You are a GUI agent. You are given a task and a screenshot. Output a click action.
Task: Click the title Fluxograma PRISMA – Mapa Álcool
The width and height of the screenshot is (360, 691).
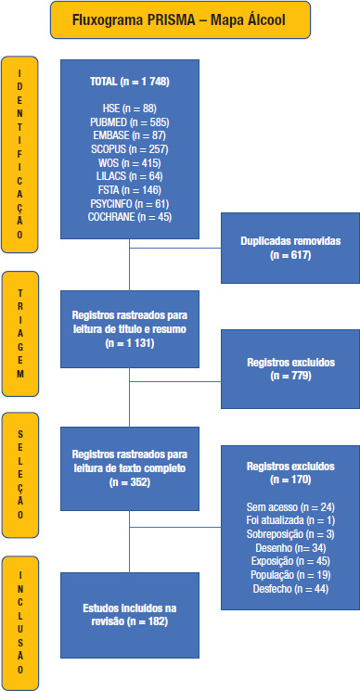[x=179, y=19]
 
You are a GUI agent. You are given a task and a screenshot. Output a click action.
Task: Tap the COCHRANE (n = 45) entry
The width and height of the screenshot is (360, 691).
[x=130, y=217]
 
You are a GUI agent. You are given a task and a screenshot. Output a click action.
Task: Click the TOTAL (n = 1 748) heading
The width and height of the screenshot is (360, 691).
[x=130, y=81]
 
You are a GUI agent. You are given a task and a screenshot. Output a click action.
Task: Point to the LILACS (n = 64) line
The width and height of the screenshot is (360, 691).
[x=130, y=176]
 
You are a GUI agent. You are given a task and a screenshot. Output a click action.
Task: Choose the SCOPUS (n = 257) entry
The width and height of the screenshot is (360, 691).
[x=130, y=149]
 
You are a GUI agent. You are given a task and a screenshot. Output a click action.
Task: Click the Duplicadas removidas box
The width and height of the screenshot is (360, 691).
[x=290, y=248]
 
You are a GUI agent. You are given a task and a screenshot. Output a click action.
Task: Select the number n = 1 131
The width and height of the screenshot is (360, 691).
[x=130, y=344]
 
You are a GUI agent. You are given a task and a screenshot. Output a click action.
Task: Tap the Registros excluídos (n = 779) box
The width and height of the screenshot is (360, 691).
[x=290, y=369]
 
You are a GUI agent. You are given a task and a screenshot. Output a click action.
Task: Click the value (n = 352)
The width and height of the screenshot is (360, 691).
[x=130, y=482]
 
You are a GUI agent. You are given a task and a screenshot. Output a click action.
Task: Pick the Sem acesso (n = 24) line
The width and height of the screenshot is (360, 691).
[x=290, y=506]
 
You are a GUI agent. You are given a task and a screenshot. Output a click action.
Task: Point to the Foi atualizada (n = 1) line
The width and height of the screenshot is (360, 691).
[x=290, y=520]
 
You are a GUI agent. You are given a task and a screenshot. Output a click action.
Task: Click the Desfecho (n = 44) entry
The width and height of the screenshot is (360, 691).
[x=290, y=589]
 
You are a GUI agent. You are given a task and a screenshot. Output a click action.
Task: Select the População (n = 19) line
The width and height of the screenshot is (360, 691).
[x=290, y=575]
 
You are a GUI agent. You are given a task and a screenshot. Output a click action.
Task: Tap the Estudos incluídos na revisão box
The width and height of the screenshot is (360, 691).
[x=130, y=615]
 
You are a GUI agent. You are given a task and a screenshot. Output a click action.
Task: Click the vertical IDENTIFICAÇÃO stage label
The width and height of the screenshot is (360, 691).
[x=19, y=155]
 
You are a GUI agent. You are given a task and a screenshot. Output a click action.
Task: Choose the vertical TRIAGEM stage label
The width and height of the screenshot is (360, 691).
[x=19, y=334]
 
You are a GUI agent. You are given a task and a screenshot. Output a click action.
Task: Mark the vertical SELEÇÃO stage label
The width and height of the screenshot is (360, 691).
[x=19, y=475]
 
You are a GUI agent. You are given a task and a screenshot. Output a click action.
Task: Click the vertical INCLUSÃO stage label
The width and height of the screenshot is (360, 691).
[x=19, y=623]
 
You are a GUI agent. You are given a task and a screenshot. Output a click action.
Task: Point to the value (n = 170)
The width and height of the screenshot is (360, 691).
[x=290, y=480]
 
